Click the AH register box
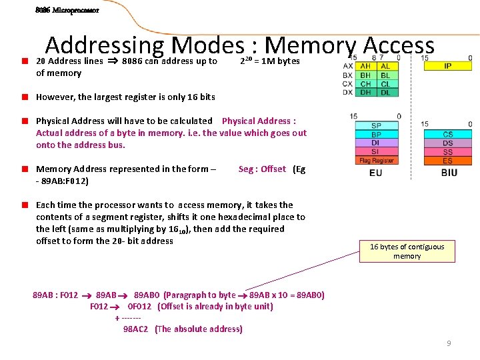point(366,66)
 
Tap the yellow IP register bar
point(447,66)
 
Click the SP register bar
point(377,125)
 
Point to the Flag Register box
point(377,160)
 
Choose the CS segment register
point(447,135)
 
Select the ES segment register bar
point(447,161)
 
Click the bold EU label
point(376,173)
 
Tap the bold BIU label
point(449,173)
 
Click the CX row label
point(347,84)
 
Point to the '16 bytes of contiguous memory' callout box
point(407,251)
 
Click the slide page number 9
point(449,343)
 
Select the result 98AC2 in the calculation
point(136,329)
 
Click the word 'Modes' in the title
point(207,45)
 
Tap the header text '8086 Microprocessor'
point(67,11)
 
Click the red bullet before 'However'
point(23,97)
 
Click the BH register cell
point(366,75)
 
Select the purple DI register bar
point(377,143)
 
